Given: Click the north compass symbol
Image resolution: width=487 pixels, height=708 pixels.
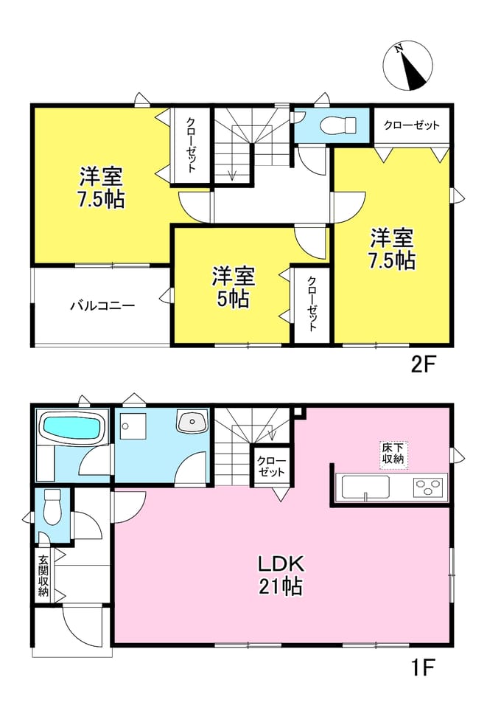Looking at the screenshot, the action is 407,66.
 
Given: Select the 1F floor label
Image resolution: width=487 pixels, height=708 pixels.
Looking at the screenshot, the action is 422,668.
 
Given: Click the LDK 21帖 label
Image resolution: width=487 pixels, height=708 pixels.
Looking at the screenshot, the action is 281,575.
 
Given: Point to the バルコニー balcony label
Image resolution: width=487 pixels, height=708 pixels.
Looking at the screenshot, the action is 102,306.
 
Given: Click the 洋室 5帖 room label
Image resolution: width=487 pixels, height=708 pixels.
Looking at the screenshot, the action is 233,287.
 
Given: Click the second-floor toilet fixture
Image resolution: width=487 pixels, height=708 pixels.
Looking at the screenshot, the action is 337,123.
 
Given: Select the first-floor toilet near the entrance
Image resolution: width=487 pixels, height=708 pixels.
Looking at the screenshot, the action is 53,507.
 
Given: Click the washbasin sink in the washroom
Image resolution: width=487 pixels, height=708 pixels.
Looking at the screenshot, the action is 192,422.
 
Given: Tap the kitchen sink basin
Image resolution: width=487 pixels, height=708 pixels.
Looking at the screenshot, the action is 365,487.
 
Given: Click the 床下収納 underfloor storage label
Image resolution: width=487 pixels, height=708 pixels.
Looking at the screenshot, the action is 393,454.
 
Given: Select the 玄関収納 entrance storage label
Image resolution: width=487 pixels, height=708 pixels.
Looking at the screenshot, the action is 43,575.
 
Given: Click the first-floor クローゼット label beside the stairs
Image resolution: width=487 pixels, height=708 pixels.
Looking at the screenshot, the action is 271,466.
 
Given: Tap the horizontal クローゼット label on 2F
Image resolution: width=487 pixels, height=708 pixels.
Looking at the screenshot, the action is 411,125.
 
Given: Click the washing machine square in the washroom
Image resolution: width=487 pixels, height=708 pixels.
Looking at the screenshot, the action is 134,426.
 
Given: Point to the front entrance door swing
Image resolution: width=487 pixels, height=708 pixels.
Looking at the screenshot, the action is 83,628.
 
